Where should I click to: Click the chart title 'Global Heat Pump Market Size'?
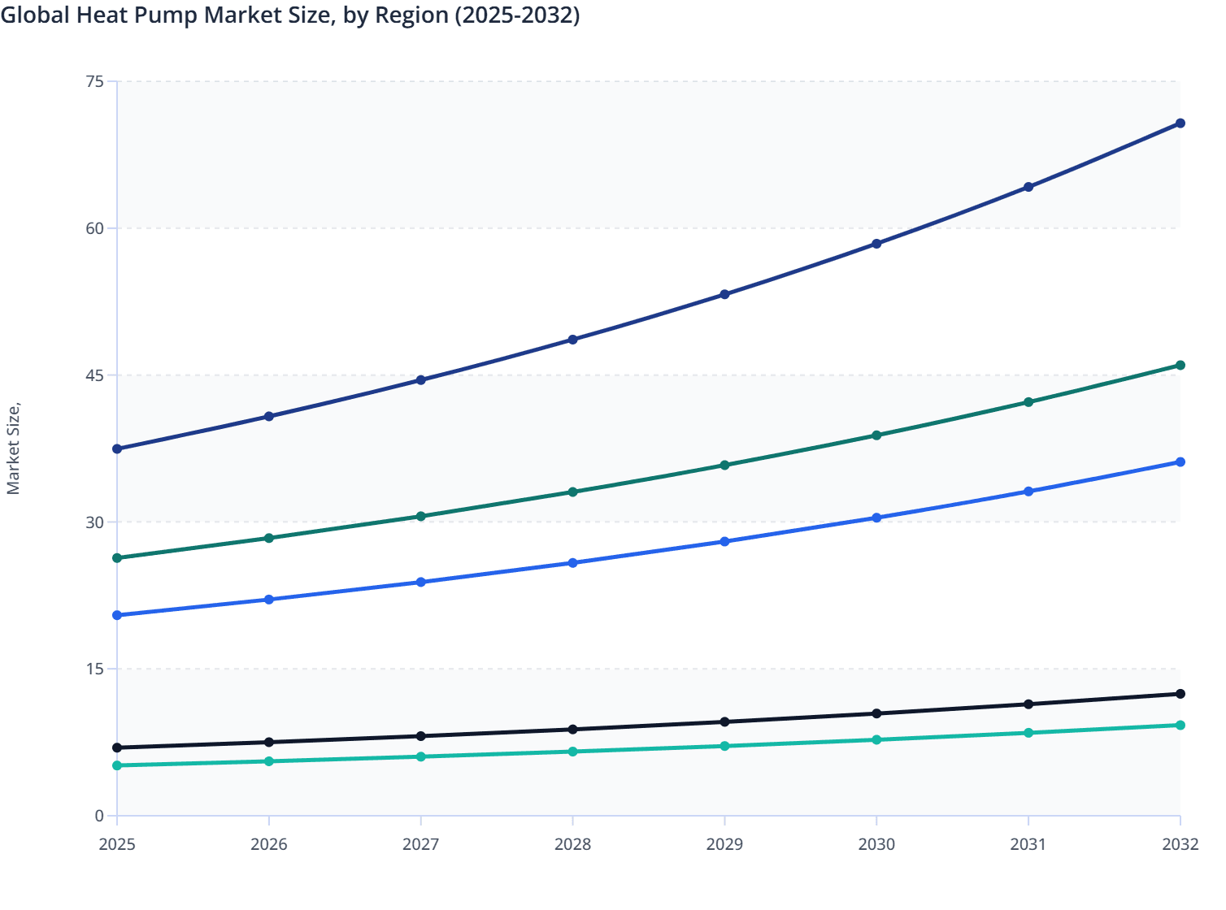tap(290, 15)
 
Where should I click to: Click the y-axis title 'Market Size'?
tap(13, 448)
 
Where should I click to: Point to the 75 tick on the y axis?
tap(94, 81)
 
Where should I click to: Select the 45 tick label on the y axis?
tap(94, 375)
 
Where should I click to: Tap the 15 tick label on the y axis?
tap(94, 669)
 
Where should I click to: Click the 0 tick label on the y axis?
tap(99, 816)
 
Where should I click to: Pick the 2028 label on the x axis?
tap(572, 844)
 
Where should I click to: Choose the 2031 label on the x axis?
tap(1028, 844)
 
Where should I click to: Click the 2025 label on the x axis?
tap(117, 844)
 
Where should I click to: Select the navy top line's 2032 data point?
tap(1180, 123)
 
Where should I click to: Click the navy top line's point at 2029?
tap(724, 294)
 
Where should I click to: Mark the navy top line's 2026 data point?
tap(269, 417)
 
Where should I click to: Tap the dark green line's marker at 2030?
tap(876, 435)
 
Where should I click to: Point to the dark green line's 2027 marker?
tap(421, 517)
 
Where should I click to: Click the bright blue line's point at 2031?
tap(1028, 492)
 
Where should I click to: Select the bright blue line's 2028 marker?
tap(572, 563)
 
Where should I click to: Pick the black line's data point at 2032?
tap(1180, 694)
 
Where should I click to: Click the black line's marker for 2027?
tap(421, 736)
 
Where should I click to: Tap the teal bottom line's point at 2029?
tap(724, 746)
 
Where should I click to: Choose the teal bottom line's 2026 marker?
tap(269, 761)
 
